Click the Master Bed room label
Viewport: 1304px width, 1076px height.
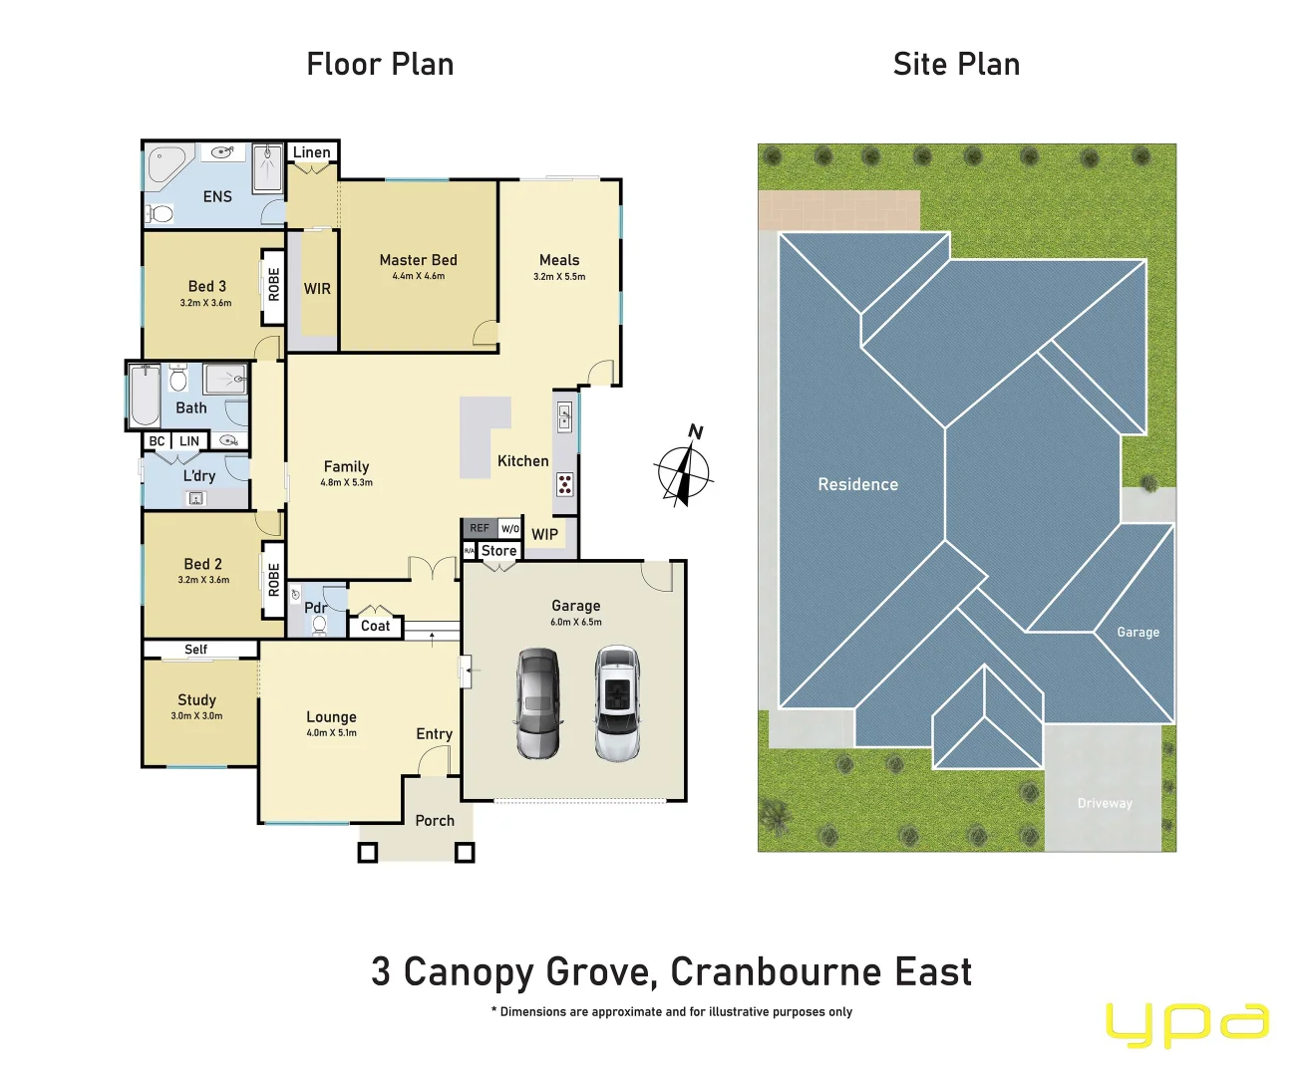418,260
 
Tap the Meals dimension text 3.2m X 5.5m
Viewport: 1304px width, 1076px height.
559,277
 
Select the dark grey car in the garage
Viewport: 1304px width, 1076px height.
537,703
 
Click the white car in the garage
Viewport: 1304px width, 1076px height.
616,703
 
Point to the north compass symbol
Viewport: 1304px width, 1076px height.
684,469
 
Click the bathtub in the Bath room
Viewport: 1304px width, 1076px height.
146,396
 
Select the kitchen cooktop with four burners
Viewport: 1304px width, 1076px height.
564,485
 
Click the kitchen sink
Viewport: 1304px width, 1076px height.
564,415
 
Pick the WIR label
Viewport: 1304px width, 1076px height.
317,289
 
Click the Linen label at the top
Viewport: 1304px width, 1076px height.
312,152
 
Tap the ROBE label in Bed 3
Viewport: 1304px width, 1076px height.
274,285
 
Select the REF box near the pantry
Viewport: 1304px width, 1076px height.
480,528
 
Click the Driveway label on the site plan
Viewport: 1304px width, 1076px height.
1105,803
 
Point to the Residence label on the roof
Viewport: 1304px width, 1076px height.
857,484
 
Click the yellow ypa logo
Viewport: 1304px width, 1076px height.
1186,1024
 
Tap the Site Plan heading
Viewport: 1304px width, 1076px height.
956,65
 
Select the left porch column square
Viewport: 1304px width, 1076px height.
368,853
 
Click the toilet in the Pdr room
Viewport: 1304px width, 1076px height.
319,625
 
